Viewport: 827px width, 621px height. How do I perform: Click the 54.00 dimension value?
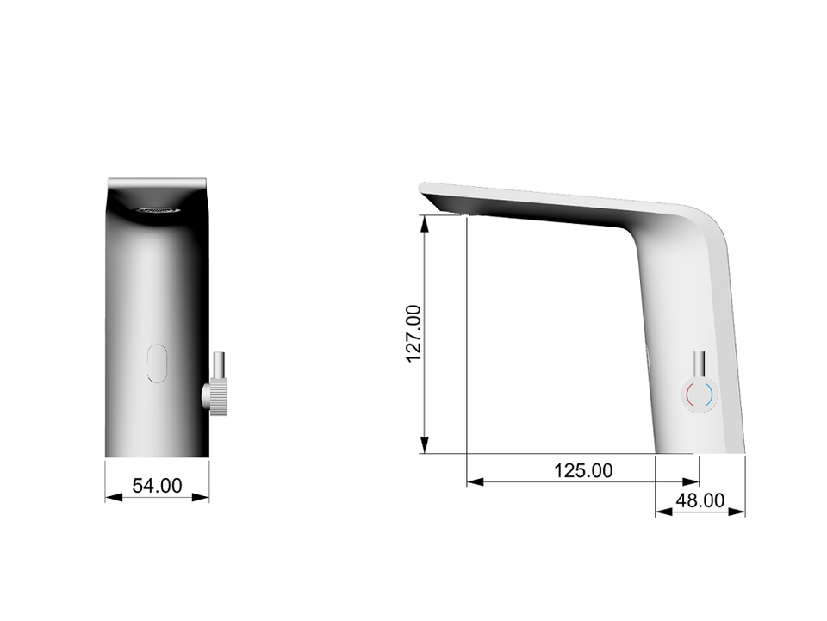pyautogui.click(x=157, y=486)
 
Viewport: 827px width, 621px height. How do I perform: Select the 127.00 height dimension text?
pyautogui.click(x=414, y=333)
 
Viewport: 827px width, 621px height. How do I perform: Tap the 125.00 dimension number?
pyautogui.click(x=583, y=470)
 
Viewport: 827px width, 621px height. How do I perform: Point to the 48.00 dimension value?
pyautogui.click(x=700, y=500)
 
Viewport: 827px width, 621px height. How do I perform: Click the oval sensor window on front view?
pyautogui.click(x=157, y=363)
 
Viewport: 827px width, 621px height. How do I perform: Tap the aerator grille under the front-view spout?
pyautogui.click(x=158, y=210)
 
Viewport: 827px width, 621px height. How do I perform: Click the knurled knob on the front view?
pyautogui.click(x=215, y=398)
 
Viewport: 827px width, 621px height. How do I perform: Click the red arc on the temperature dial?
pyautogui.click(x=690, y=394)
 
